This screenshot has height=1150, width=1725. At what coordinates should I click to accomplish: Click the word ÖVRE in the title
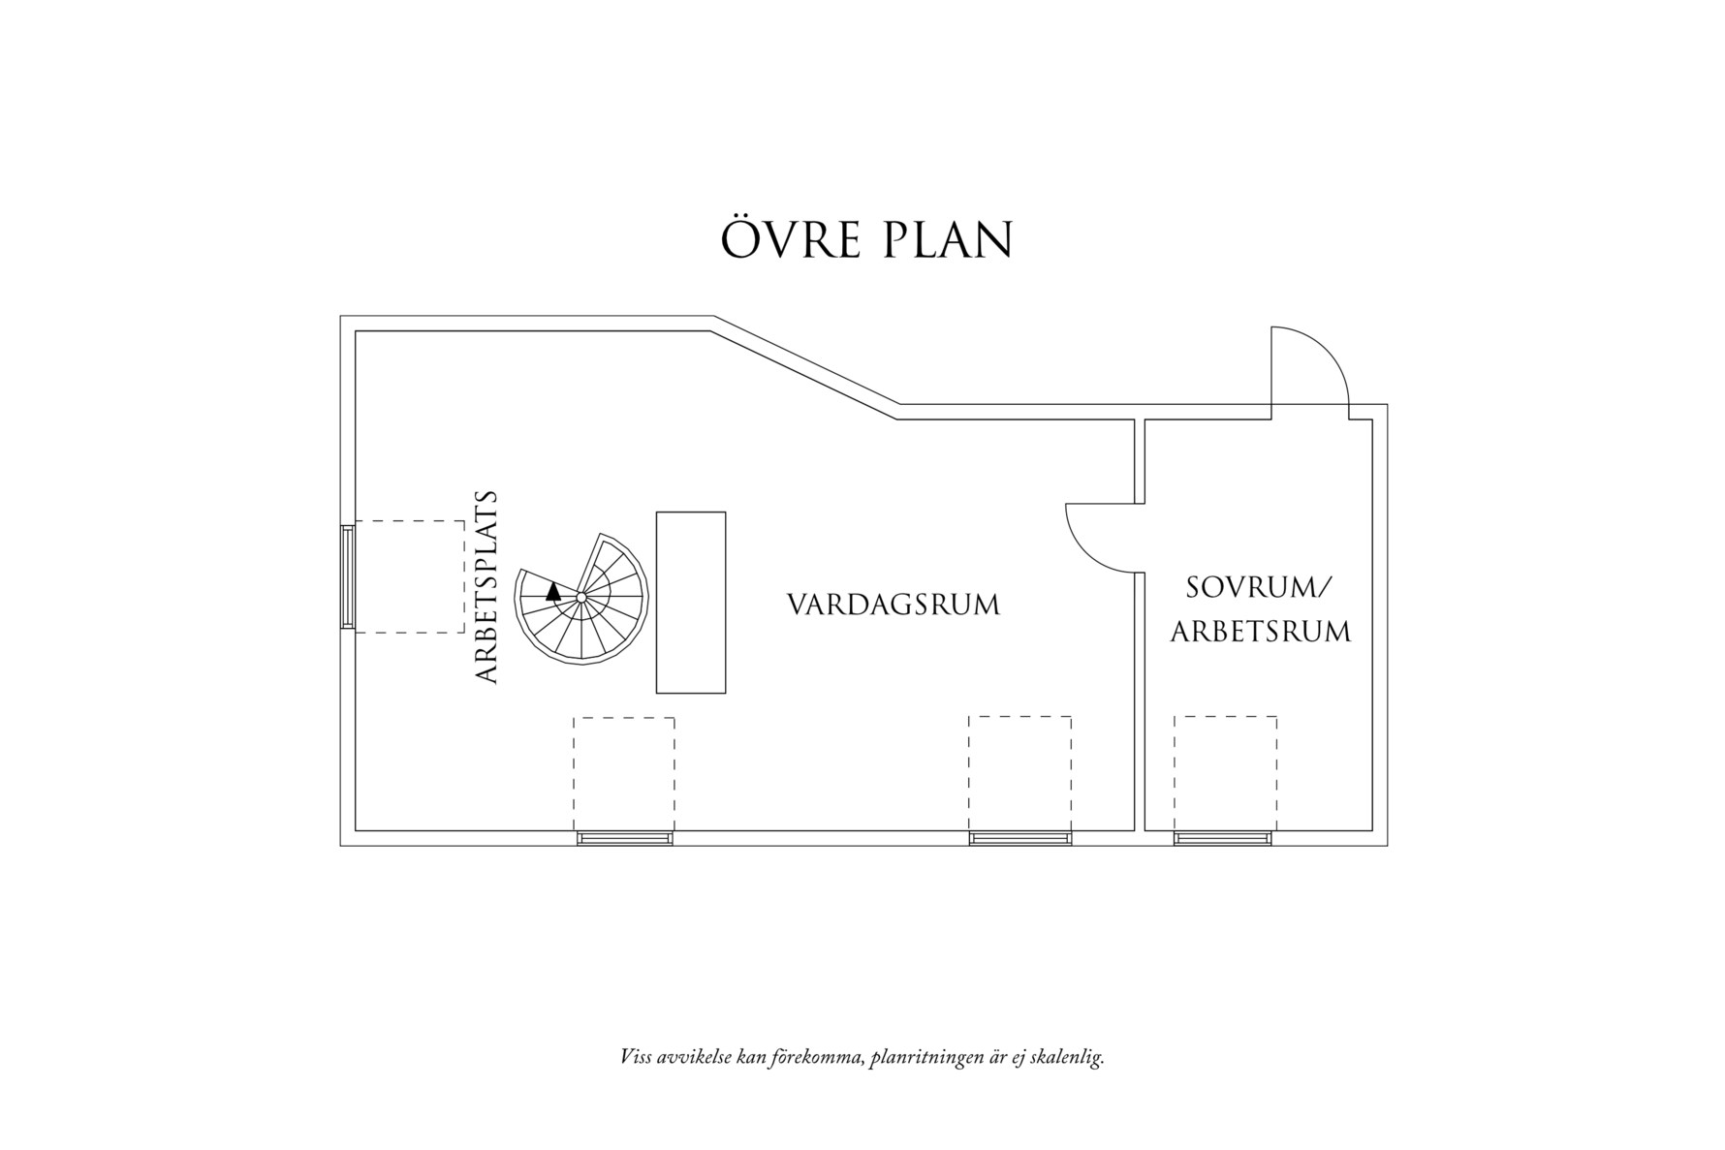(x=792, y=239)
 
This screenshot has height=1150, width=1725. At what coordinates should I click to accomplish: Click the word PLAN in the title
(x=948, y=240)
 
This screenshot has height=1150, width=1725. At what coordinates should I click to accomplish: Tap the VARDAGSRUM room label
(x=893, y=606)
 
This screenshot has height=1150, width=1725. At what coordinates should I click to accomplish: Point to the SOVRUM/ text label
(x=1260, y=587)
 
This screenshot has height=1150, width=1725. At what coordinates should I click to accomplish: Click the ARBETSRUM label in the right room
(x=1260, y=632)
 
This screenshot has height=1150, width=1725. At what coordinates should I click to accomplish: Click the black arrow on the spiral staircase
(x=553, y=591)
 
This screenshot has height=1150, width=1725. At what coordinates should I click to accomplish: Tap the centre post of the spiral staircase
(x=580, y=598)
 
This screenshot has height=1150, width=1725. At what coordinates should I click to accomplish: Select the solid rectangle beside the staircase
(x=691, y=602)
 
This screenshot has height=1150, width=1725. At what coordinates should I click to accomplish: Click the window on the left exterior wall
(x=347, y=577)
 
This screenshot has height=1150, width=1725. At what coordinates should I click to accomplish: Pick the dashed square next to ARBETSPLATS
(x=410, y=576)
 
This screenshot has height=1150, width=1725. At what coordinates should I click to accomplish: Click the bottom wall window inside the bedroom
(x=1223, y=838)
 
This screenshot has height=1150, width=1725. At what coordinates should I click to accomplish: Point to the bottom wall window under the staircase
(x=625, y=838)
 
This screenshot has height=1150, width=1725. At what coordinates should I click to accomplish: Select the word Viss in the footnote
(x=636, y=1056)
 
